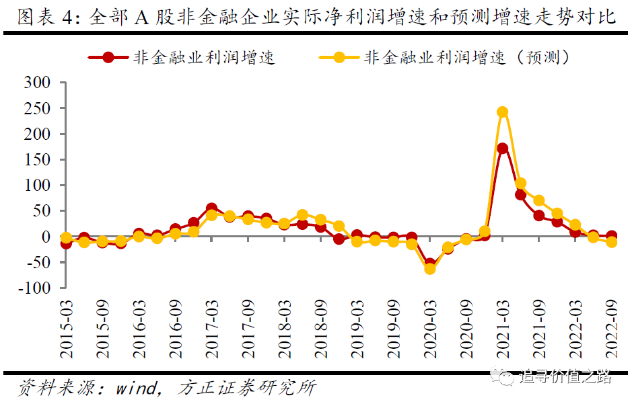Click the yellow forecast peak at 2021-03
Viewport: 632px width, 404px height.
coord(502,112)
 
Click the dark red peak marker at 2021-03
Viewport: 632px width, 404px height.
coord(502,148)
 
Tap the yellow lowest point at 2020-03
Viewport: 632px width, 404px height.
coord(429,269)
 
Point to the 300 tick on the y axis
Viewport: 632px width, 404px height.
coord(38,83)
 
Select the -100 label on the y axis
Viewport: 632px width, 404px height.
coord(34,288)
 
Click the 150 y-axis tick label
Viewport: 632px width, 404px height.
coord(38,160)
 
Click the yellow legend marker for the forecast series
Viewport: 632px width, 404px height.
coord(338,57)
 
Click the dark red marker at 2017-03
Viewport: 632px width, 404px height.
coord(211,209)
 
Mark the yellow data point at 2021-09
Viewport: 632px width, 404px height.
coord(538,200)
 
